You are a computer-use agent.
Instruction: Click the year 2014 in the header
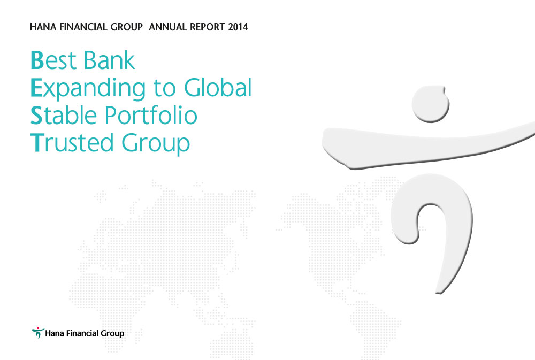[x=238, y=27]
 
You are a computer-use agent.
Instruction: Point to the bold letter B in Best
[x=36, y=61]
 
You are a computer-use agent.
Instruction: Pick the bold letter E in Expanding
[x=36, y=88]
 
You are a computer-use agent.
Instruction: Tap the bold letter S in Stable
[x=36, y=116]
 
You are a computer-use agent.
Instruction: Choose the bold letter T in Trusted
[x=36, y=143]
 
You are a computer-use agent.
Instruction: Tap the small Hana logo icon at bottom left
[x=36, y=333]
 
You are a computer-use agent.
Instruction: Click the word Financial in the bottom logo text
[x=80, y=333]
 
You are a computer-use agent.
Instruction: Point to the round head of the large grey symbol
[x=431, y=103]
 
